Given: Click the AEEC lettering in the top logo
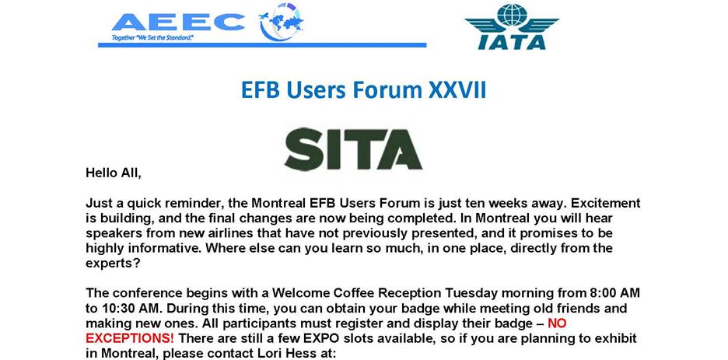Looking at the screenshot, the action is pyautogui.click(x=179, y=21).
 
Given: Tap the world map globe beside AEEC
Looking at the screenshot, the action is pyautogui.click(x=282, y=21).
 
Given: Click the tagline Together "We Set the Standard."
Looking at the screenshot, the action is pyautogui.click(x=152, y=37).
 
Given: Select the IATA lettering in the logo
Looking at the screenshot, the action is pyautogui.click(x=512, y=42).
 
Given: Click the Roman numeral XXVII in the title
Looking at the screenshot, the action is pyautogui.click(x=457, y=90).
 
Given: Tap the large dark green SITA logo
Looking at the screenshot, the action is pyautogui.click(x=353, y=149).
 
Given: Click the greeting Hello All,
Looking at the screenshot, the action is pyautogui.click(x=114, y=173).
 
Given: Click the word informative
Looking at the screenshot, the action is pyautogui.click(x=166, y=248).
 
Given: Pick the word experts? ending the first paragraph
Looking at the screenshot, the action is pyautogui.click(x=110, y=263).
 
